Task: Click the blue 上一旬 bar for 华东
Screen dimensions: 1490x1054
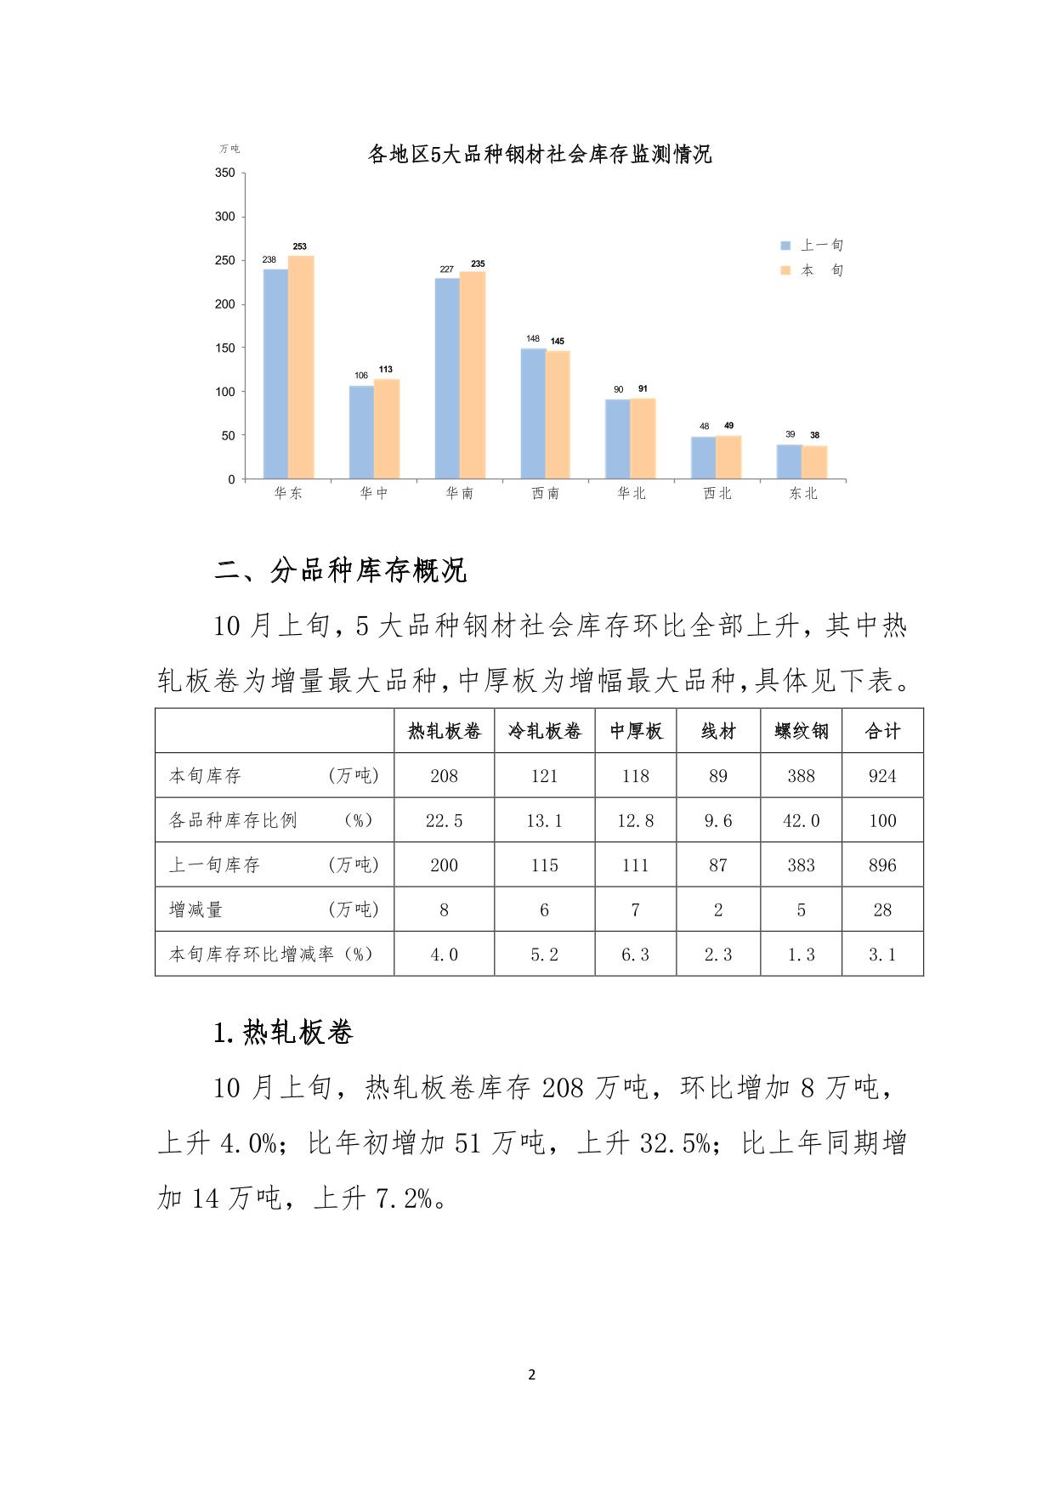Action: point(275,374)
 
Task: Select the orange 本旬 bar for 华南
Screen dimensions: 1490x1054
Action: point(473,375)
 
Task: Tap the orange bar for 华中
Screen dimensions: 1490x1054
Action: point(387,428)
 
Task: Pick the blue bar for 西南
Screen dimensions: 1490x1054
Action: point(533,413)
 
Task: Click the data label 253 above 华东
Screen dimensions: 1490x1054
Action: point(300,246)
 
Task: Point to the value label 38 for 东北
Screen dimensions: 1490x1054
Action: point(814,435)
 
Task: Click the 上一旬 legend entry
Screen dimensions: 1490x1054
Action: point(813,245)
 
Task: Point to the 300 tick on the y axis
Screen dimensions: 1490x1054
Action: point(225,217)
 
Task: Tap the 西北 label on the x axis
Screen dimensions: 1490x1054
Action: point(717,493)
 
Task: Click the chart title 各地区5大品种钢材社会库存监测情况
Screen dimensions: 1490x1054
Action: point(539,154)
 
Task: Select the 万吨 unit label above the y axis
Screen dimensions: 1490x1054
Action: point(229,149)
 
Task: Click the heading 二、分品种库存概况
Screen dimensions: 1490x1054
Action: point(340,570)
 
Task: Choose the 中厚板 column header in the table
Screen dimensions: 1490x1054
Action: point(636,731)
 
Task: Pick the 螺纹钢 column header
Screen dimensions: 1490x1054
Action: point(801,731)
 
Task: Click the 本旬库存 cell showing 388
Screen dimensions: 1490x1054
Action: point(801,775)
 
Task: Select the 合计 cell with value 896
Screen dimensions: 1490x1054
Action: point(882,865)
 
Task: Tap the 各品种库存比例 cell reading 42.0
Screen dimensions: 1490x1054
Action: point(801,820)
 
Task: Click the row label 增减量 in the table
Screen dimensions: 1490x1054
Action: point(196,909)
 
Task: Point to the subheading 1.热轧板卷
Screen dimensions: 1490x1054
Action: point(283,1033)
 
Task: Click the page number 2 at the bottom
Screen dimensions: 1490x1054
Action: point(532,1374)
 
